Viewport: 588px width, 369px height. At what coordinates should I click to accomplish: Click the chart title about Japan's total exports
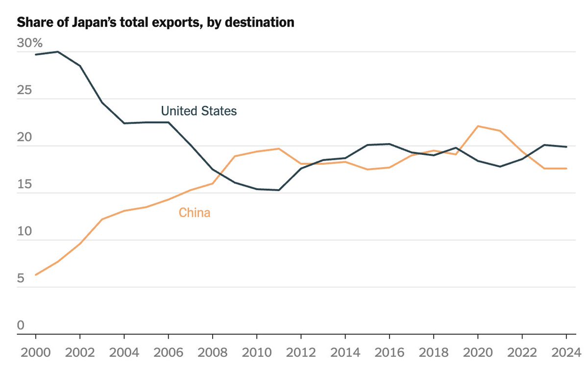[156, 23]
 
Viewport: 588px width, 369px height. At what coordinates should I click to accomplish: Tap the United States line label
[198, 111]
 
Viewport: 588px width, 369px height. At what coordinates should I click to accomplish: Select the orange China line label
[194, 213]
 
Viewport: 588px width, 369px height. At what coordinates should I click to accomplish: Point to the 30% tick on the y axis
[30, 43]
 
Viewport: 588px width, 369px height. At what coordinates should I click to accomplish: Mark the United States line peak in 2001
[58, 51]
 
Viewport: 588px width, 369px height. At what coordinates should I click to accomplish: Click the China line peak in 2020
[477, 126]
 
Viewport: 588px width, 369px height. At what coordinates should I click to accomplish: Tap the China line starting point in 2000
[36, 275]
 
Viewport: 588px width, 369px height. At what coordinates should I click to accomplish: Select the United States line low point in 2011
[279, 190]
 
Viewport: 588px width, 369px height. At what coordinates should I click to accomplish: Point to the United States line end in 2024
[566, 147]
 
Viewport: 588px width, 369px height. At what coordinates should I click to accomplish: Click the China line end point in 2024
[566, 169]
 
